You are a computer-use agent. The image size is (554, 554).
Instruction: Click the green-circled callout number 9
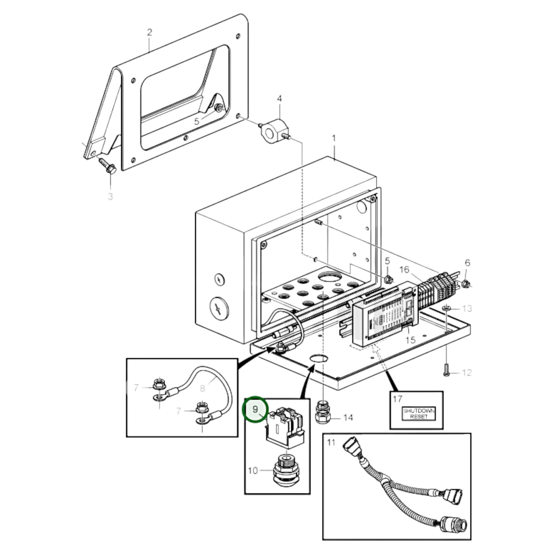coord(255,409)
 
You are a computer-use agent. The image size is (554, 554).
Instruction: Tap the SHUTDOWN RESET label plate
coord(419,413)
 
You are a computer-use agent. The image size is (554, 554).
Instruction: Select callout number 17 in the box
coord(397,399)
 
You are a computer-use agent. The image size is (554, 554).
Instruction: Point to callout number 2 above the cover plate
coord(149,32)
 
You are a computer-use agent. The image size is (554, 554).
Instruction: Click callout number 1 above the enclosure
coord(334,138)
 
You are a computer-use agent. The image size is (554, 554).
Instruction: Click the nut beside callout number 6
coord(466,284)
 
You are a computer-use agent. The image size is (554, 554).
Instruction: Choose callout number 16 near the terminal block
coord(404,270)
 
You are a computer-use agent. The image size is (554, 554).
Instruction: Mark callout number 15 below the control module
coord(410,340)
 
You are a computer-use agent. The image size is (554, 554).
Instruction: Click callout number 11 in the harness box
coord(331,442)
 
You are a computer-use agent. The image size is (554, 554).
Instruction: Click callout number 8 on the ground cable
coord(202,388)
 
